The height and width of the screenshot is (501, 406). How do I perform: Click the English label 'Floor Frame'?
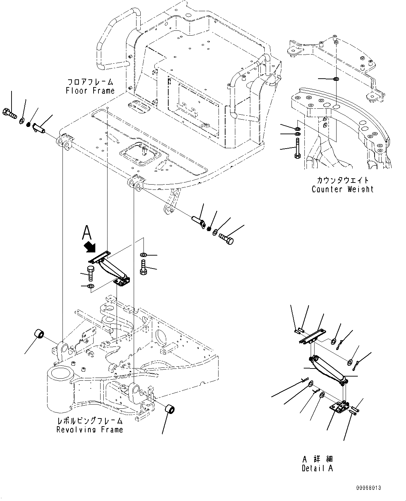90,91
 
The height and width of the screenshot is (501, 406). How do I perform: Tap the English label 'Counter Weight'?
342,189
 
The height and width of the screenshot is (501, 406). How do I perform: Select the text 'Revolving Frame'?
90,429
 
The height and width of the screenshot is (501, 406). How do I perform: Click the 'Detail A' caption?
317,468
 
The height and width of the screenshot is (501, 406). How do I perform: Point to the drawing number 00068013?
369,487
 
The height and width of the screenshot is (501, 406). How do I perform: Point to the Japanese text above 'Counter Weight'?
342,180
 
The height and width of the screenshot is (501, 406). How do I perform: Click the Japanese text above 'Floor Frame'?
90,83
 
